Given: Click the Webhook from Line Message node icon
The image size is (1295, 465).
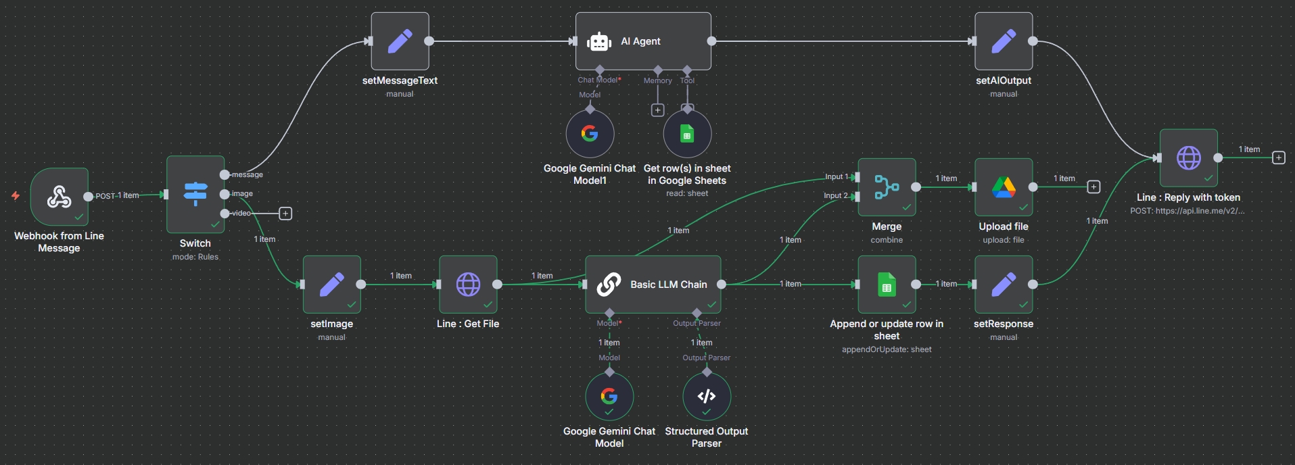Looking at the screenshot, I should [x=60, y=197].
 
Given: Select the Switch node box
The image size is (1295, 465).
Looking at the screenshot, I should [x=195, y=195].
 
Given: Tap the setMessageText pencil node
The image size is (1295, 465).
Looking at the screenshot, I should [x=400, y=41].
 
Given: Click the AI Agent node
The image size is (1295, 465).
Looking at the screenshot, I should [x=642, y=41].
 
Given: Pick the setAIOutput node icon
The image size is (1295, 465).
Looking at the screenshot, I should [x=1004, y=41].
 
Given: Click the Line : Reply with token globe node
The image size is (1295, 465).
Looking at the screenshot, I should [x=1188, y=158].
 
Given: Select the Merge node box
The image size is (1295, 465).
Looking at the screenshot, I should [x=887, y=187].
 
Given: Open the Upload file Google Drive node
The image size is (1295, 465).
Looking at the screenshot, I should [x=1004, y=187].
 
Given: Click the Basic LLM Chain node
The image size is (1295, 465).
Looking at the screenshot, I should [x=653, y=285].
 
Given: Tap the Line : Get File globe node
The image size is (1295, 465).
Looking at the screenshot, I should [x=468, y=285].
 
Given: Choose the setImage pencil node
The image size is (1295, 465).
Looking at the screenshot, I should [x=331, y=285].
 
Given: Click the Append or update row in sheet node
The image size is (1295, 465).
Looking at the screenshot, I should [x=887, y=285].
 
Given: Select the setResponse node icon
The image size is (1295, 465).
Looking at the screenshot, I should [x=1004, y=285].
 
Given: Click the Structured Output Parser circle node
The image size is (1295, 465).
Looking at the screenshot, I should [x=707, y=397].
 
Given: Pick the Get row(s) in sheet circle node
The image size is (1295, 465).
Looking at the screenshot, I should [x=687, y=134].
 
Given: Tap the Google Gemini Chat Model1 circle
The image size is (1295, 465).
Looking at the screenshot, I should [x=590, y=134].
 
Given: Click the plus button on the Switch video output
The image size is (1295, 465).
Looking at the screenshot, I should [x=285, y=214].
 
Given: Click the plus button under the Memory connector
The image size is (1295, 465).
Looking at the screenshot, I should [x=657, y=110].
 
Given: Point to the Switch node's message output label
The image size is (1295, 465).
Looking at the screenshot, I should [x=248, y=174].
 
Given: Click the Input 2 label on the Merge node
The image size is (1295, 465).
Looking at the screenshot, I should [x=835, y=196].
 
